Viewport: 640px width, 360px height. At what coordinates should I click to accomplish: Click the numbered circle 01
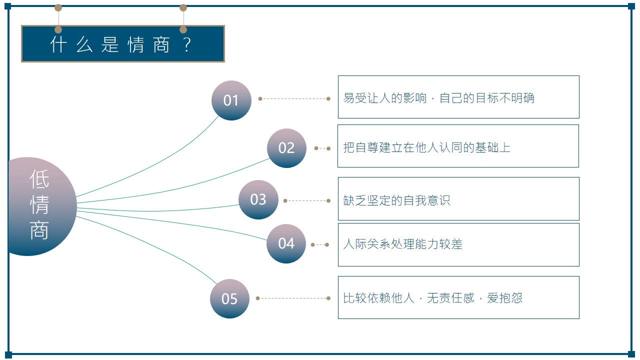point(231,100)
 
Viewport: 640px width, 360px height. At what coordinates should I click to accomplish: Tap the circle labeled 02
point(286,148)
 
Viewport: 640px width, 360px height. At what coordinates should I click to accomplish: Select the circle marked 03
point(258,199)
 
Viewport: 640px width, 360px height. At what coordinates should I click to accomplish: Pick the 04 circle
point(286,243)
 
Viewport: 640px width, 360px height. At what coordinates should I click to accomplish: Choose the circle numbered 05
point(229,298)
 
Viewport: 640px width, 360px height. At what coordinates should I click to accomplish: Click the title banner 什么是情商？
point(123,43)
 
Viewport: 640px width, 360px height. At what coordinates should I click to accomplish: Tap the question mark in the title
point(187,44)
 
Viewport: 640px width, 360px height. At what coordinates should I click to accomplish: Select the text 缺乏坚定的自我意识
point(396,200)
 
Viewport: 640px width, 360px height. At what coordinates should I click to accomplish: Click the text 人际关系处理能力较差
point(402,244)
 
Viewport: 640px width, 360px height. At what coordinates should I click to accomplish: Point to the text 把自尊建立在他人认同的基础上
point(426,147)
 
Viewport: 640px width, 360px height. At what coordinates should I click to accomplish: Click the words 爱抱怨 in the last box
point(504,298)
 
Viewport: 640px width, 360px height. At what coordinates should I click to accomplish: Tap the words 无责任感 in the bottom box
point(450,298)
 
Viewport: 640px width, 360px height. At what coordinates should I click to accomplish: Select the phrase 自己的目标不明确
point(487,97)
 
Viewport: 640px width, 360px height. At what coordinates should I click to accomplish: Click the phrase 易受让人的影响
point(384,97)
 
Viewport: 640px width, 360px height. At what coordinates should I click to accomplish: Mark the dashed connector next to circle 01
point(294,99)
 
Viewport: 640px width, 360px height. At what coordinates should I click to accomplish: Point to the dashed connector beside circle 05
point(293,298)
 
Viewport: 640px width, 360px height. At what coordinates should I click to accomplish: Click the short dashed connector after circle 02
point(322,148)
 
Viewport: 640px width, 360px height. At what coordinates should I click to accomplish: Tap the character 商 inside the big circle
point(39,230)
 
